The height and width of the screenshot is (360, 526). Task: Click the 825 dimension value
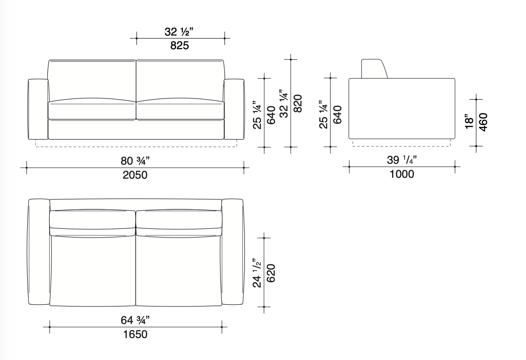click(x=180, y=45)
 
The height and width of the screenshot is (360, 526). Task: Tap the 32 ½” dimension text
click(x=179, y=32)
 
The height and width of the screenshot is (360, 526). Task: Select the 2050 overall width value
click(x=135, y=175)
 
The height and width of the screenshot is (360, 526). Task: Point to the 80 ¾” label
click(x=135, y=161)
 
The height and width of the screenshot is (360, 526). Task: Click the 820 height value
click(x=298, y=104)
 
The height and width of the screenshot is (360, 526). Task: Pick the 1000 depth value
click(x=402, y=174)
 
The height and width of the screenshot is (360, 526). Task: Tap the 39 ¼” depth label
click(x=402, y=160)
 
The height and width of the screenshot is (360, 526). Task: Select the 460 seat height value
click(x=483, y=122)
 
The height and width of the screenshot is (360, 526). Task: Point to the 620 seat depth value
click(x=271, y=273)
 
